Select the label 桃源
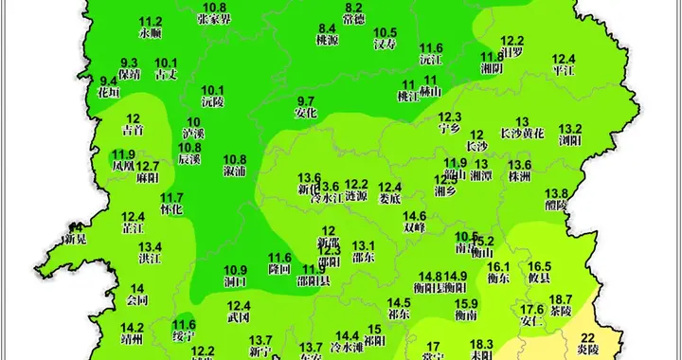327,42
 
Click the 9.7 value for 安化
306,101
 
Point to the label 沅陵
213,100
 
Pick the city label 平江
564,69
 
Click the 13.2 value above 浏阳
569,129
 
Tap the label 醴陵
556,205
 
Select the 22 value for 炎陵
588,338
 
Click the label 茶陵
561,310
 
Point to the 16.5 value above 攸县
539,267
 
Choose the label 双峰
414,227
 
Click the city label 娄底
390,199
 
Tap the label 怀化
171,208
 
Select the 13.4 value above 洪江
151,246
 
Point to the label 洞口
235,281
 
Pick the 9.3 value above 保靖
129,62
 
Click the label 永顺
151,32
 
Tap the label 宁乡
449,129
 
